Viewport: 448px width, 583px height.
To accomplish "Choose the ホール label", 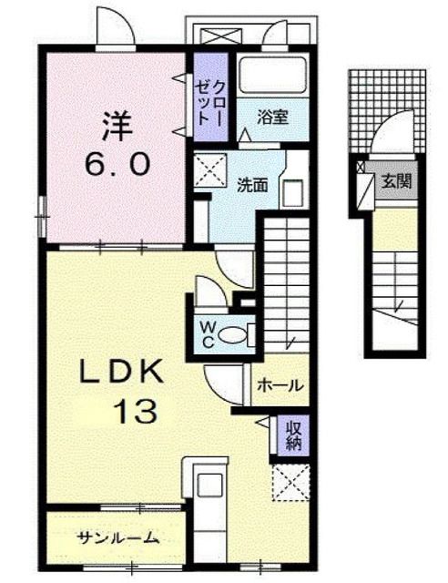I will [x=279, y=385].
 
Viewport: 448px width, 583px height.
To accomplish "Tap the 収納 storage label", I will [x=293, y=436].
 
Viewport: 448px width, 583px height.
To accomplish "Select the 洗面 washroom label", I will [x=252, y=185].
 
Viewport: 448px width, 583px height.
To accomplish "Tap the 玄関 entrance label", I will [x=396, y=180].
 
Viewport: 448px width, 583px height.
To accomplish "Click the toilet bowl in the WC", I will [x=237, y=334].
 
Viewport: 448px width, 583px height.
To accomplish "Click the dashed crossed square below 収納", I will [x=291, y=482].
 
